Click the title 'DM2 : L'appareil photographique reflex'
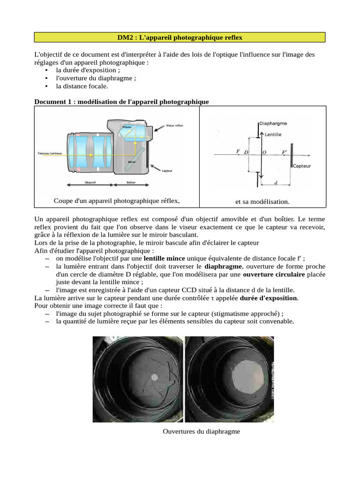click(180, 37)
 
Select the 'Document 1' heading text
click(122, 101)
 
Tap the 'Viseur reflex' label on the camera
click(175, 126)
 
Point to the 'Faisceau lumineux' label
click(50, 153)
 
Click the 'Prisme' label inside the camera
click(127, 127)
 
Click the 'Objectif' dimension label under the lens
click(90, 182)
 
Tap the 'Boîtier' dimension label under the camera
click(132, 182)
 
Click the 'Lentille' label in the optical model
click(273, 135)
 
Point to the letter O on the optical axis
click(263, 152)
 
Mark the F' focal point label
click(284, 152)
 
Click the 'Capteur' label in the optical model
click(302, 165)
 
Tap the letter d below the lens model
click(275, 183)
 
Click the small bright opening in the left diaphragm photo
click(155, 377)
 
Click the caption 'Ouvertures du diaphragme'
click(201, 431)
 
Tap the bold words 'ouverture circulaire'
click(274, 274)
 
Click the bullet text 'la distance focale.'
click(82, 86)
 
